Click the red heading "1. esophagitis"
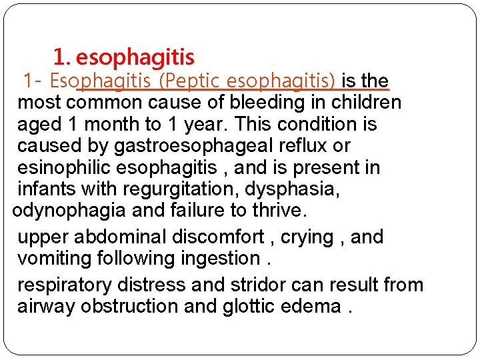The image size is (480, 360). click(x=123, y=57)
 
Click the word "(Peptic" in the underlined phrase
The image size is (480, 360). click(x=191, y=81)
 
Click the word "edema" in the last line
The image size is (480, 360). click(x=313, y=306)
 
